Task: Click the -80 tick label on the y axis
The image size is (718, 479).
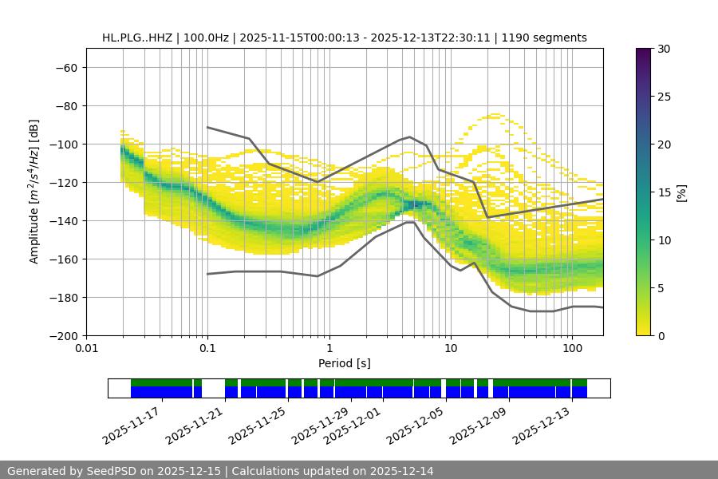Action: click(x=65, y=105)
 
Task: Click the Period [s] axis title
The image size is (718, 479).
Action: click(x=345, y=363)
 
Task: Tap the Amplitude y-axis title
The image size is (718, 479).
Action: click(x=34, y=192)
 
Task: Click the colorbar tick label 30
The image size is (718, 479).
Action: click(x=663, y=49)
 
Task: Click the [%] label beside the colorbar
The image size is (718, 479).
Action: click(x=682, y=192)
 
